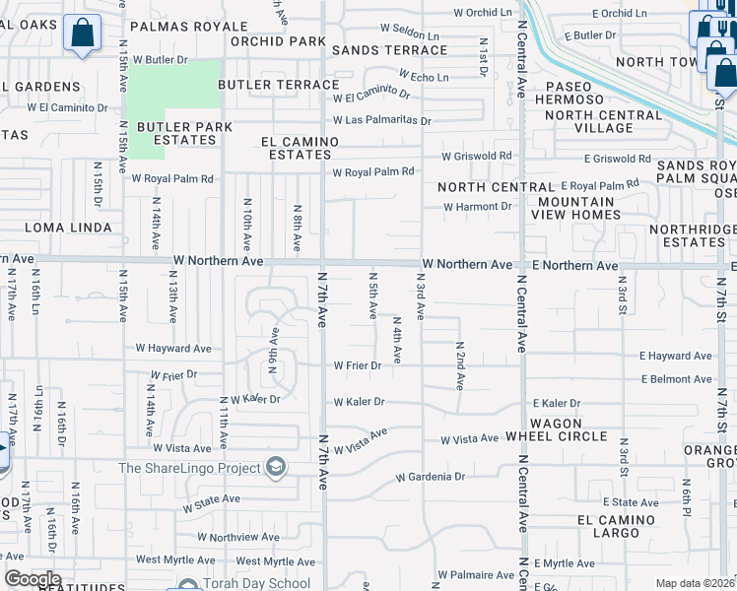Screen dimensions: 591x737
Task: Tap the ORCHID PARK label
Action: click(278, 41)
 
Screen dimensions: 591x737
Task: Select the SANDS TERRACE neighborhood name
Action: click(389, 49)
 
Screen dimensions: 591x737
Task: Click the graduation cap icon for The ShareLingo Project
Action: click(276, 467)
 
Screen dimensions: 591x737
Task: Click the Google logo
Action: click(32, 579)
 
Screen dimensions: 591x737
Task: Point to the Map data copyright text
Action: click(695, 583)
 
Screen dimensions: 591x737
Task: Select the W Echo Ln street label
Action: click(423, 76)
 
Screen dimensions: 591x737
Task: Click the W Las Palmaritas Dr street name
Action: click(381, 120)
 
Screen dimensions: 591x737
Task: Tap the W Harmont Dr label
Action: click(478, 207)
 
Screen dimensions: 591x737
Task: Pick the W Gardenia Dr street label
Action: click(430, 477)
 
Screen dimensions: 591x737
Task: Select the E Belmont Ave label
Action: click(676, 378)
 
